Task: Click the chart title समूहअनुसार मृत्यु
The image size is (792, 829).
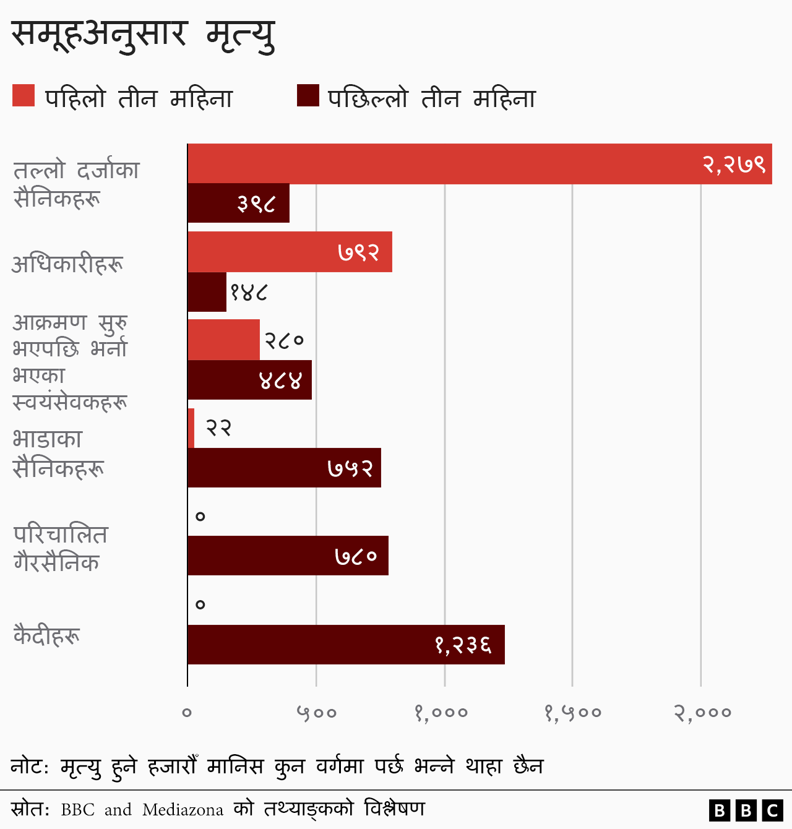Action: pyautogui.click(x=143, y=34)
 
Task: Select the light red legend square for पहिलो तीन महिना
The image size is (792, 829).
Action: pyautogui.click(x=24, y=96)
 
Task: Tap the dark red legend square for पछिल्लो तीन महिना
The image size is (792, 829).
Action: pyautogui.click(x=308, y=96)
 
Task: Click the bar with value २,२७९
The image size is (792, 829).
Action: pyautogui.click(x=480, y=164)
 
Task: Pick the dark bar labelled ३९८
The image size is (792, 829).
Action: pyautogui.click(x=238, y=203)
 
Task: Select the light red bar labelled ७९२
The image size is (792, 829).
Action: pyautogui.click(x=290, y=252)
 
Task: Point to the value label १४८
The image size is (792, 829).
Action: pyautogui.click(x=249, y=292)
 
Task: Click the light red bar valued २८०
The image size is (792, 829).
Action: pyautogui.click(x=223, y=340)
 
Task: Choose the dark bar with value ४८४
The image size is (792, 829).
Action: pyautogui.click(x=249, y=380)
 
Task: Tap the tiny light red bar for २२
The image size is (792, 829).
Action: pyautogui.click(x=191, y=428)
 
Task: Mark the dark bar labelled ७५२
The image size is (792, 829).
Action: pyautogui.click(x=284, y=468)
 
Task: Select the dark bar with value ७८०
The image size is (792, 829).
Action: pyautogui.click(x=288, y=556)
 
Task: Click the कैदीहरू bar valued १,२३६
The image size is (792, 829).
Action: pyautogui.click(x=346, y=645)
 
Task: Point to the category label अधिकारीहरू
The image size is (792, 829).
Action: pyautogui.click(x=67, y=264)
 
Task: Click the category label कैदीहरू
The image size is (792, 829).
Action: pyautogui.click(x=47, y=635)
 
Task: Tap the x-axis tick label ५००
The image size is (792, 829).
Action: pyautogui.click(x=316, y=713)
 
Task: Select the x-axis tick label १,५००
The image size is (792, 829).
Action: pyautogui.click(x=572, y=713)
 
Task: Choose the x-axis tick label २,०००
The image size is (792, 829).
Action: pyautogui.click(x=702, y=713)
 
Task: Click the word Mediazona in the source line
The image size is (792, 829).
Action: pyautogui.click(x=183, y=810)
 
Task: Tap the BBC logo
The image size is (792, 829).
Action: pyautogui.click(x=746, y=810)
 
